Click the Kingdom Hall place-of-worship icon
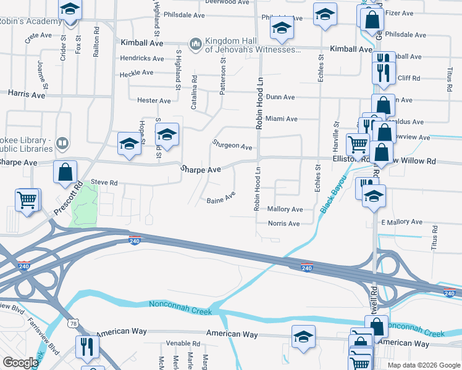pos(196,43)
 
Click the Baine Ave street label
pos(221,199)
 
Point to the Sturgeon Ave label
pos(232,147)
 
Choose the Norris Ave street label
pos(283,224)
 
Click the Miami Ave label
pos(282,118)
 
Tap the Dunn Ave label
pos(280,97)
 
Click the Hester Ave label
pos(154,101)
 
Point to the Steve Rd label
pos(104,183)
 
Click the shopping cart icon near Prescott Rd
pos(27,200)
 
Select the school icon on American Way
pos(303,337)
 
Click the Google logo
pos(20,363)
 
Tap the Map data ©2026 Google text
pos(423,365)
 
